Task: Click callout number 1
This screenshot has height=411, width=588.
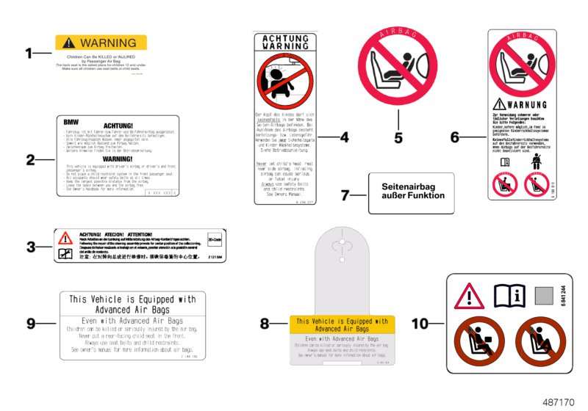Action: (29, 53)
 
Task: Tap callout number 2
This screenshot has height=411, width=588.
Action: (30, 160)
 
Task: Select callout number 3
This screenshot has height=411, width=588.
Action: (30, 247)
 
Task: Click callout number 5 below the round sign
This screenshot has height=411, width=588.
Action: (398, 137)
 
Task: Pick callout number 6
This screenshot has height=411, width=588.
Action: (455, 137)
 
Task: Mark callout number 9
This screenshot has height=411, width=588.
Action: (30, 322)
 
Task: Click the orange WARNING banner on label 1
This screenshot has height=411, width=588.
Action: (101, 43)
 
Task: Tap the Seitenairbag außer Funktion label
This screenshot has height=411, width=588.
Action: (412, 191)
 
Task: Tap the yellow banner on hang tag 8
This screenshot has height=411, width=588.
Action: (342, 326)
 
